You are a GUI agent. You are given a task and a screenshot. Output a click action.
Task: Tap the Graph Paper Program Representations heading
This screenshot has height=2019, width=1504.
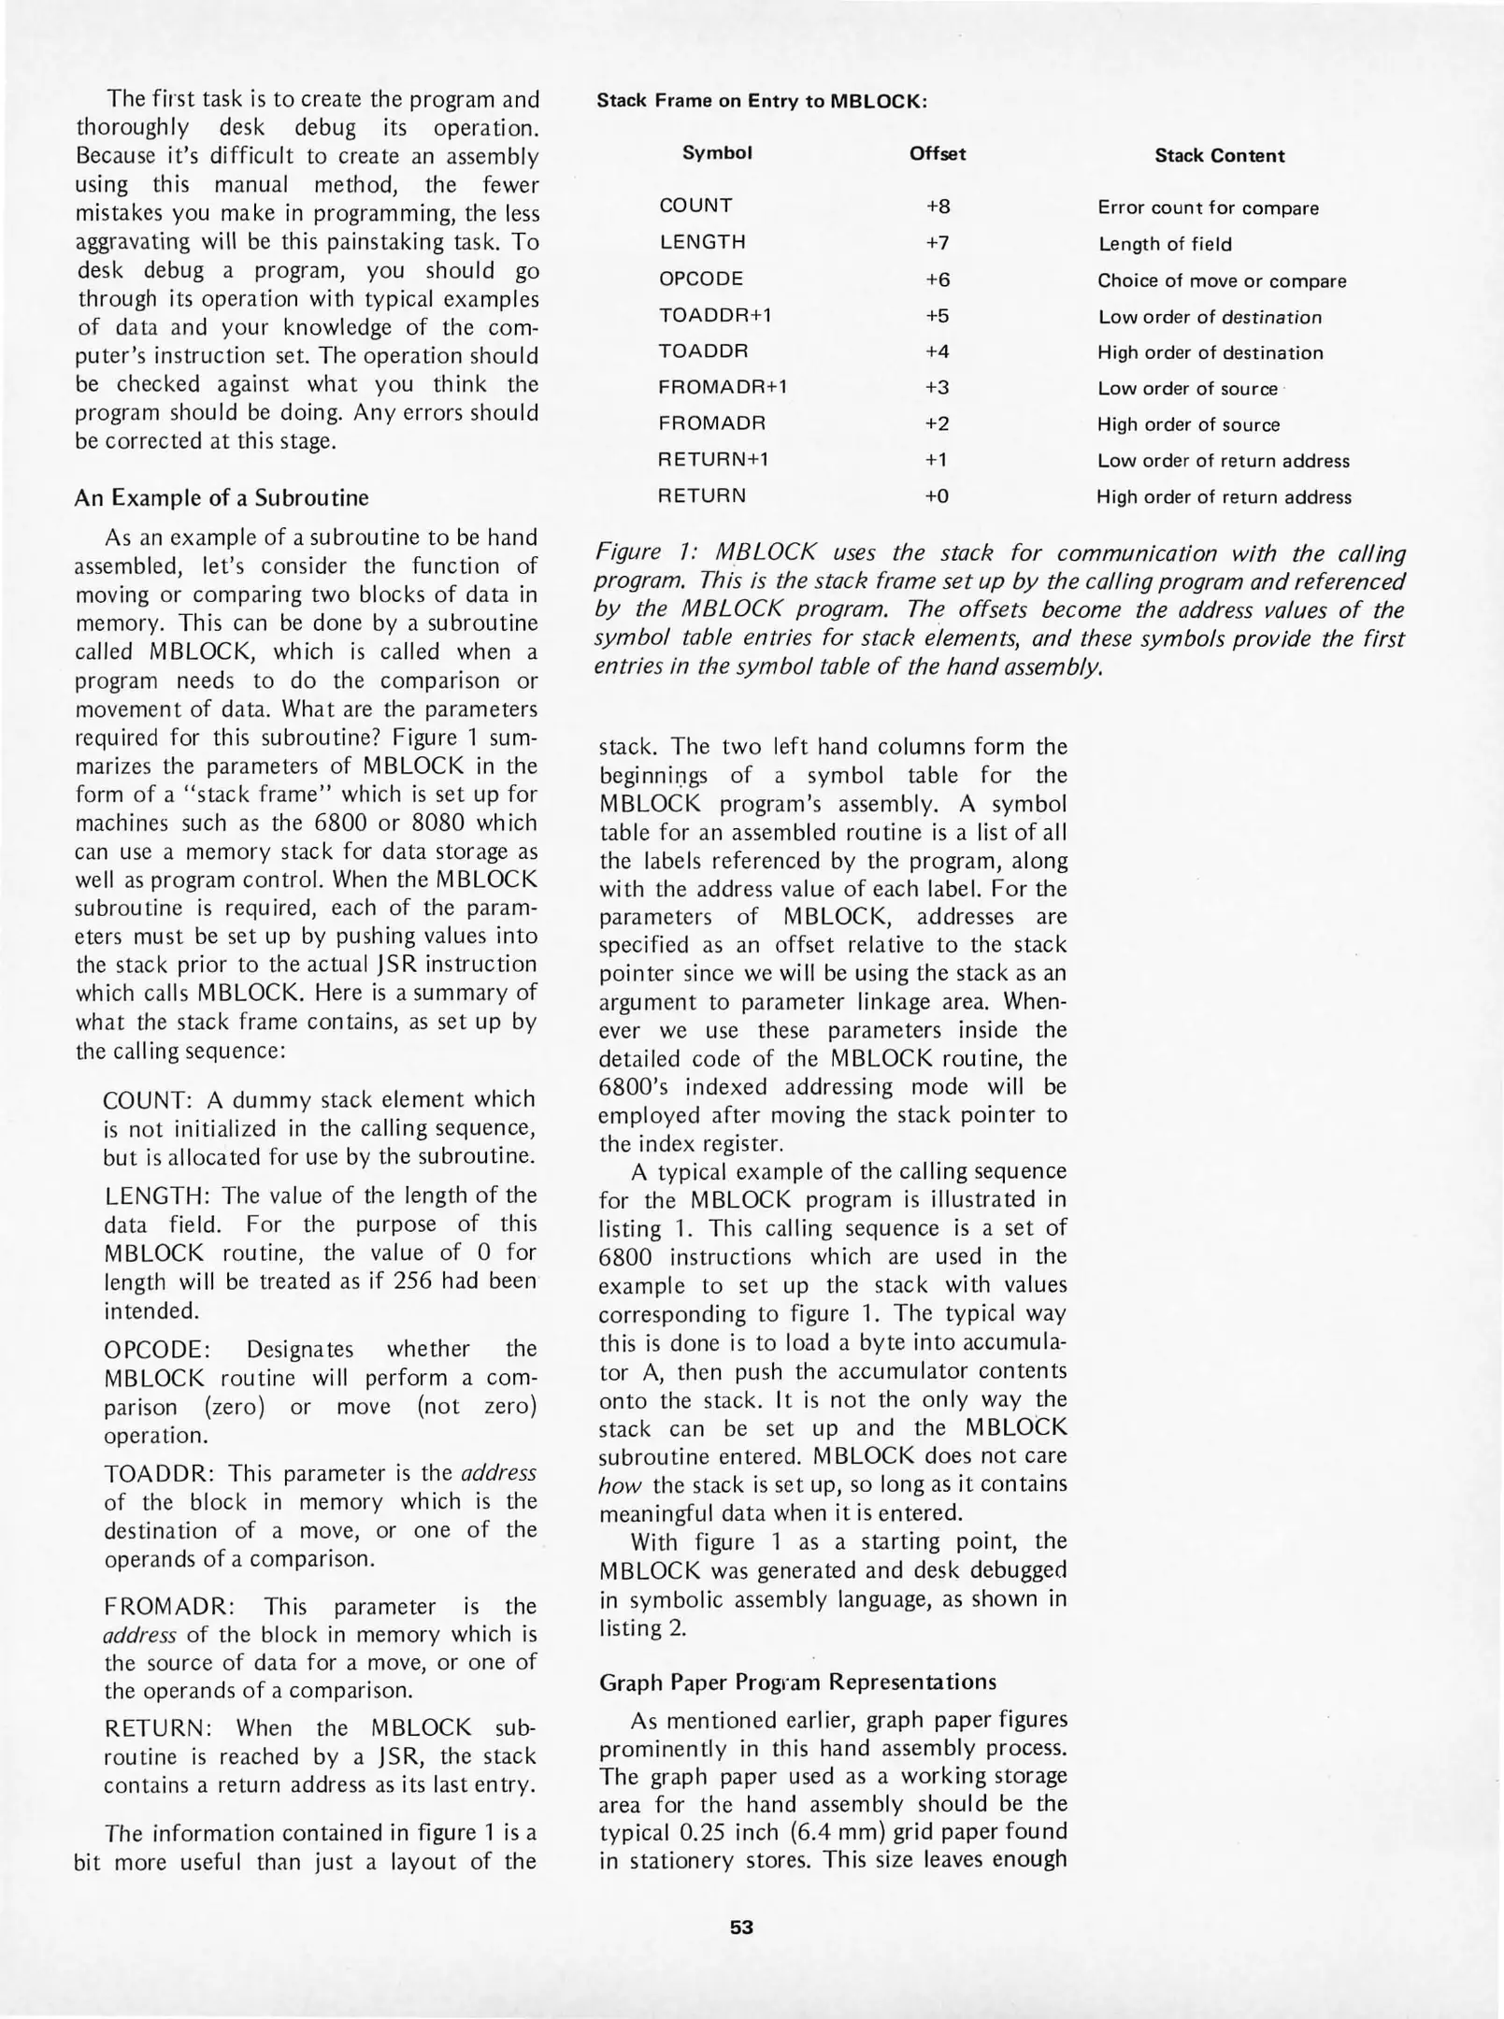click(797, 1682)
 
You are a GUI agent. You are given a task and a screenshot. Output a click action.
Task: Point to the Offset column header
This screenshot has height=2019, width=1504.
click(938, 153)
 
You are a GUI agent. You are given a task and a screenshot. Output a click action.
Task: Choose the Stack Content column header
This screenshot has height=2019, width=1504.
click(1219, 156)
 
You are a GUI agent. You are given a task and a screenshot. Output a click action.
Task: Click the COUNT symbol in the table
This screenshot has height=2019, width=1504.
click(695, 206)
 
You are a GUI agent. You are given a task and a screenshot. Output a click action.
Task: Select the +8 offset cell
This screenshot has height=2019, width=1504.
click(938, 207)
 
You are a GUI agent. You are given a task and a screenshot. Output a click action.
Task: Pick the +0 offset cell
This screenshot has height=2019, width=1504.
click(937, 496)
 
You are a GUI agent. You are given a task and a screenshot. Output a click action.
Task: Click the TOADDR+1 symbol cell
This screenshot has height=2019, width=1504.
click(715, 315)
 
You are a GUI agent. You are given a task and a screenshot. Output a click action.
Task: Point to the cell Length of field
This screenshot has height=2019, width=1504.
click(1164, 244)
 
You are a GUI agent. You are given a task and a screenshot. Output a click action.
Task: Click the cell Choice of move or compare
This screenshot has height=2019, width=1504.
click(1222, 280)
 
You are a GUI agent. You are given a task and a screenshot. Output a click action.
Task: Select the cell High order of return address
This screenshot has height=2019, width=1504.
click(1224, 497)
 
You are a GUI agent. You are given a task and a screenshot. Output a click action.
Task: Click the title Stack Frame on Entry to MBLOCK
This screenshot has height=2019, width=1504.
click(761, 101)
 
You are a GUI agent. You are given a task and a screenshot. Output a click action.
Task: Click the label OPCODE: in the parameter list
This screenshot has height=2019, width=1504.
click(157, 1349)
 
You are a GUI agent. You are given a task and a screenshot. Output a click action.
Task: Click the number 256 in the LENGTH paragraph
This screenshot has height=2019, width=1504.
click(416, 1282)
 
